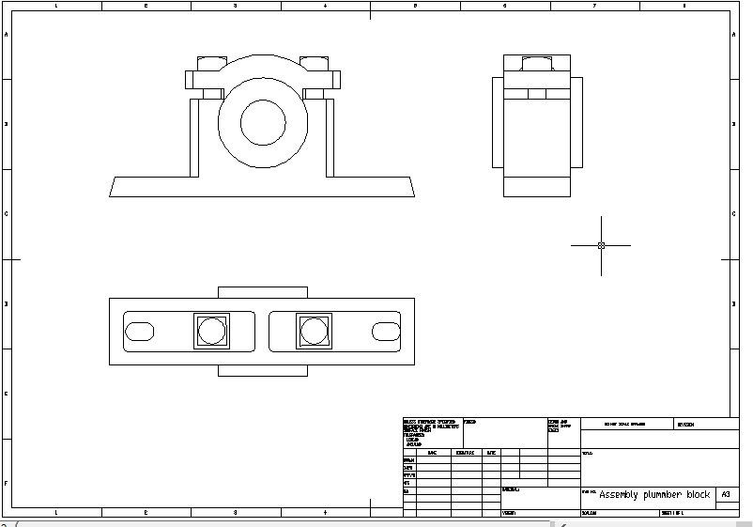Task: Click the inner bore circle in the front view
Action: coord(263,121)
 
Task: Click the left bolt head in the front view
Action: coord(211,64)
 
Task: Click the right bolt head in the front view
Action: coord(315,64)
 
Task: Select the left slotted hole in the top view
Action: coord(140,331)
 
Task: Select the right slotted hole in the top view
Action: coord(385,331)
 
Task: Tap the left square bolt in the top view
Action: coord(211,331)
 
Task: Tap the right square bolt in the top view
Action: coord(314,331)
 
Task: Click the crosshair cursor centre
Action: coord(601,245)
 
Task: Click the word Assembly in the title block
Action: coord(624,494)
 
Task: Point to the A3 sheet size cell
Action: coord(725,494)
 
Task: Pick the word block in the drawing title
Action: coord(699,494)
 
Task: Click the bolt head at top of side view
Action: coord(537,64)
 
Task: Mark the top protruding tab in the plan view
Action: coord(263,292)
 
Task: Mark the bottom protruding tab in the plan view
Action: coord(263,370)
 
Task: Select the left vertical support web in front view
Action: coord(195,137)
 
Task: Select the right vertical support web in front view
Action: coord(330,137)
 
